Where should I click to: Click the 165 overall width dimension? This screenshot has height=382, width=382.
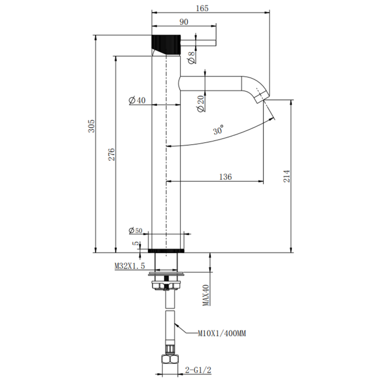tap(202, 8)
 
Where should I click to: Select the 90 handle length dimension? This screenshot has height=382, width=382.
tap(184, 22)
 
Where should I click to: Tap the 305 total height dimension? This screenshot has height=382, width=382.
tap(91, 126)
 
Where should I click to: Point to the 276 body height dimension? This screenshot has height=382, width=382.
tap(112, 154)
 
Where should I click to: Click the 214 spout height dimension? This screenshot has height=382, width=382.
tap(287, 176)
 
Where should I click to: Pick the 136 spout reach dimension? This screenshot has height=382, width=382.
tap(225, 177)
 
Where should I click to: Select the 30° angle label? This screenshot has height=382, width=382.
tap(218, 130)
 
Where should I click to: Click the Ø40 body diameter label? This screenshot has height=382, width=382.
tap(137, 100)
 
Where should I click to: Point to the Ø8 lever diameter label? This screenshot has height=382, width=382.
tap(192, 58)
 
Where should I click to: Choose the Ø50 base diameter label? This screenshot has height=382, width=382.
tap(136, 231)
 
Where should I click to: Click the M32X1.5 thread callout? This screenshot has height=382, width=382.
tap(130, 266)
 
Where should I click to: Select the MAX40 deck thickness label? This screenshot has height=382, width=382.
tap(206, 295)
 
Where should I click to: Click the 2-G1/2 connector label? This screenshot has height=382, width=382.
tap(198, 370)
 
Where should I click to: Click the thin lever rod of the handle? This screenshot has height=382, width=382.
tap(198, 43)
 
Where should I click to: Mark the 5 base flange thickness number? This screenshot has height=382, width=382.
tap(136, 243)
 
